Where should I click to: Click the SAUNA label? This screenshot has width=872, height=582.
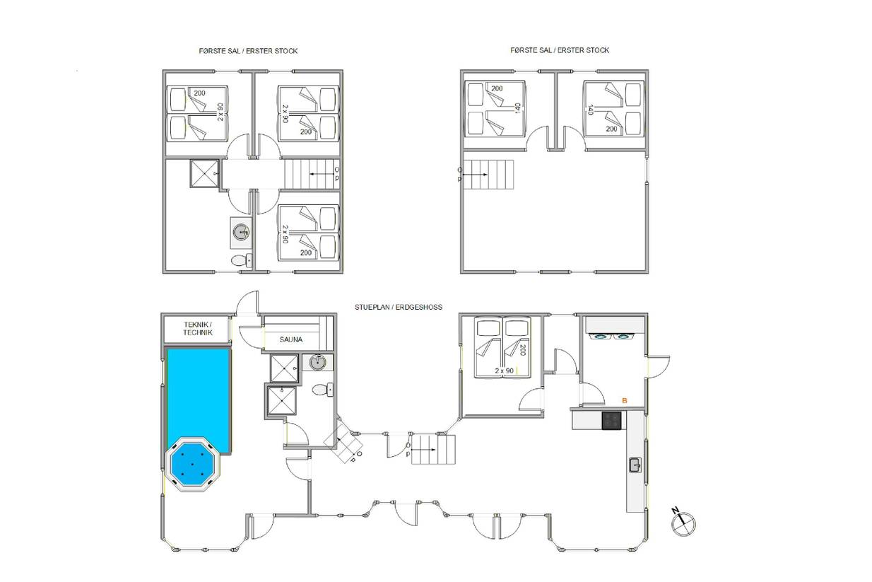(x=291, y=339)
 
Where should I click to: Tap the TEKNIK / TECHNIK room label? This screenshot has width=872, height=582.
(x=198, y=328)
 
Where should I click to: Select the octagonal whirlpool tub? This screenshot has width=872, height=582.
(x=192, y=465)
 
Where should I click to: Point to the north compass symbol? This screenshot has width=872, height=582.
(x=683, y=523)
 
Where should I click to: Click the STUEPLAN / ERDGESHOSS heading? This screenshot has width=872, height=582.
(x=399, y=307)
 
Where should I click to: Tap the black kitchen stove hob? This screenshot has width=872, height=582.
(x=611, y=421)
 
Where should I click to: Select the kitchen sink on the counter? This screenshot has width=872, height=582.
(x=635, y=465)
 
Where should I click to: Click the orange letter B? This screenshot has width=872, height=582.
(x=625, y=400)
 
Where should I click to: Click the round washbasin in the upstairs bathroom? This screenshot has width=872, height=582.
(x=242, y=233)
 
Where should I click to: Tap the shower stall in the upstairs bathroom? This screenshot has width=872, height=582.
(x=204, y=173)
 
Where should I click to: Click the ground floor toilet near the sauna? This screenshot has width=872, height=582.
(x=323, y=390)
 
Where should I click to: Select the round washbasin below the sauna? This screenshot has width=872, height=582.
(x=318, y=363)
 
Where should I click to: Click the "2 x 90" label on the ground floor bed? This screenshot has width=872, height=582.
(x=504, y=371)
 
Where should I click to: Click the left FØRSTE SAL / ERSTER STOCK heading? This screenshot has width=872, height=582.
(x=248, y=51)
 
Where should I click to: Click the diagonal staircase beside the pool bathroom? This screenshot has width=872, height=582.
(x=343, y=443)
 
